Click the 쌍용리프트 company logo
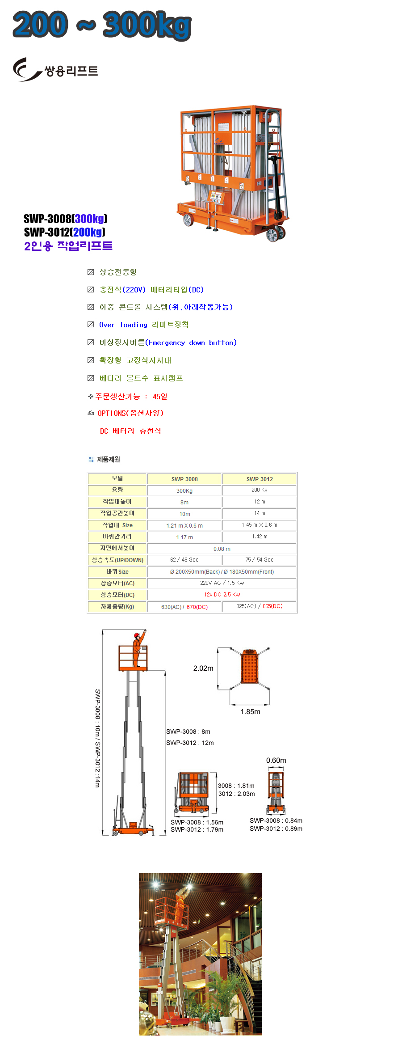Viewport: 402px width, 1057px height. click(x=55, y=70)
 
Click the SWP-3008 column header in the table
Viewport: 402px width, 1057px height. click(x=184, y=479)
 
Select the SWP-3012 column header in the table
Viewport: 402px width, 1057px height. click(x=260, y=479)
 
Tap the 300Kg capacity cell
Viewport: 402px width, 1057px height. click(x=184, y=490)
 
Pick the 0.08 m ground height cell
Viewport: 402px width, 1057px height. click(x=222, y=549)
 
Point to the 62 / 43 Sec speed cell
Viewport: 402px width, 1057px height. click(x=184, y=560)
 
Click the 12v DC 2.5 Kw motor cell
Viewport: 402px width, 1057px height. click(x=222, y=595)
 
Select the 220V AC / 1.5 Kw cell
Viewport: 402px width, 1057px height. click(x=222, y=583)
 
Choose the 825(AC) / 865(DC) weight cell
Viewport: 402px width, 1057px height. click(x=260, y=606)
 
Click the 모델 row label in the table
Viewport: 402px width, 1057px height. click(x=117, y=478)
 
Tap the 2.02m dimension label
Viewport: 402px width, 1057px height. click(x=203, y=668)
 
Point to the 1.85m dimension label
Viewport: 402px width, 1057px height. click(x=250, y=711)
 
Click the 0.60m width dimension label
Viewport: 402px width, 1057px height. click(x=276, y=760)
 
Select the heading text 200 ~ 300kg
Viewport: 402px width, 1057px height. click(x=102, y=25)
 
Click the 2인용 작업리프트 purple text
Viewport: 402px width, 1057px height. click(x=68, y=245)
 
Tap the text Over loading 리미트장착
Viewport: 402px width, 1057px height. click(x=144, y=325)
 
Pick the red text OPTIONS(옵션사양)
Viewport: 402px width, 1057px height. click(x=130, y=413)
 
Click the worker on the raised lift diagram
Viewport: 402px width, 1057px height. click(x=137, y=648)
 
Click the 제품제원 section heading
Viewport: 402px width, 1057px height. click(x=108, y=459)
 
